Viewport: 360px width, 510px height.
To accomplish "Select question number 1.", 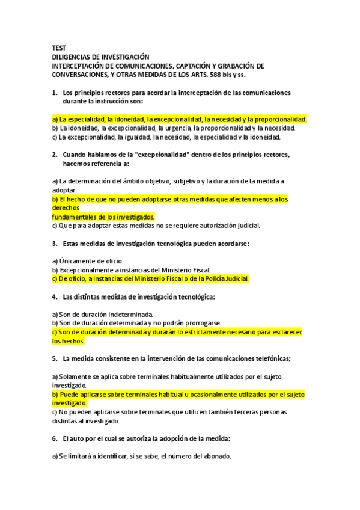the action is (x=54, y=93).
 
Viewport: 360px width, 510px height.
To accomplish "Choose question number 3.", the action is (x=54, y=244).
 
